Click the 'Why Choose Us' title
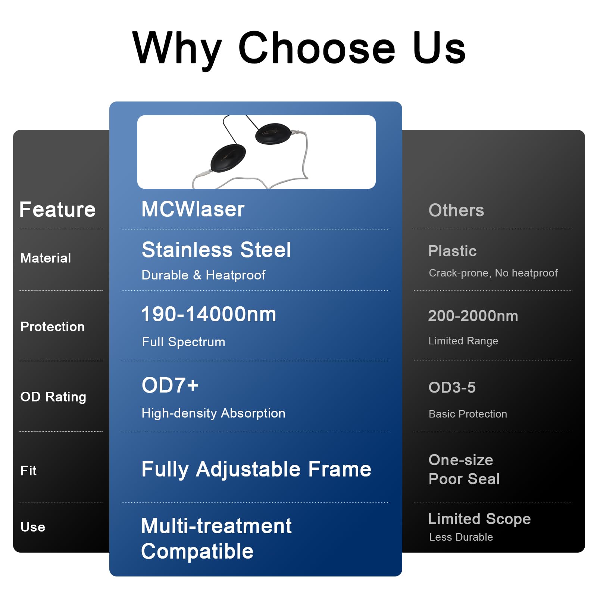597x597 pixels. [299, 49]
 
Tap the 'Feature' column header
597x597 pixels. [57, 209]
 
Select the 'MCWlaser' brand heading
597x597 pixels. [193, 209]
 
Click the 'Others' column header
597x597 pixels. [456, 210]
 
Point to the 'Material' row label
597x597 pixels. [46, 258]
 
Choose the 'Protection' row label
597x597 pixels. [52, 326]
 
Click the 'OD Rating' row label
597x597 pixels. [53, 397]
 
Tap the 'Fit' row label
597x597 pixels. [28, 471]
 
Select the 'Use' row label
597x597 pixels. [33, 527]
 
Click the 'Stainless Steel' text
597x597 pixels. [216, 250]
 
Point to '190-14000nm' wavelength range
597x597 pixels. [209, 314]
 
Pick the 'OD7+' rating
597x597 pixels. [170, 385]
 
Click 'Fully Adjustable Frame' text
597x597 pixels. [256, 469]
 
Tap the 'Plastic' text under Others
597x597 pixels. [452, 251]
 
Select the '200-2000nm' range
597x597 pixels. [473, 316]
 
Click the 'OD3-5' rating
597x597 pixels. [452, 387]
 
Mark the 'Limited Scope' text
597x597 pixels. [479, 519]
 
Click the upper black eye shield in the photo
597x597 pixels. [274, 134]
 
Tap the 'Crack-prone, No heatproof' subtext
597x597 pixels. [493, 273]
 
